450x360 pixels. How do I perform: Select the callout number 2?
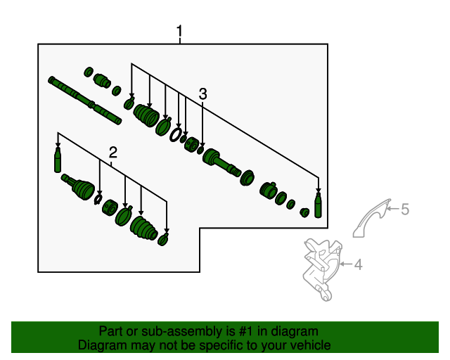tap(112, 153)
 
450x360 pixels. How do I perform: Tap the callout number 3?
tap(202, 94)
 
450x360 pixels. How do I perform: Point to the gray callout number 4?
tap(358, 264)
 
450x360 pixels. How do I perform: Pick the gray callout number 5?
tap(405, 209)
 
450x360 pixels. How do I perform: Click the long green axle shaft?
tap(84, 101)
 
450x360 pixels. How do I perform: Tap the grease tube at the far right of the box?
tap(318, 205)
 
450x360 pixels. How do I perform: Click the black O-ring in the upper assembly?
tap(175, 134)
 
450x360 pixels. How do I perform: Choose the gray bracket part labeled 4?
tap(322, 269)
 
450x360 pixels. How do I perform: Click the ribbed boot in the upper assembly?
tap(146, 116)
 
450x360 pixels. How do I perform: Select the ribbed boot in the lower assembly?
tap(143, 229)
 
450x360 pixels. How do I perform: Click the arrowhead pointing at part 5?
tap(389, 208)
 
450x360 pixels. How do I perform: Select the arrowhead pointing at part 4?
tap(342, 264)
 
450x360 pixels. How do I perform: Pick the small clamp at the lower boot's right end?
tap(163, 240)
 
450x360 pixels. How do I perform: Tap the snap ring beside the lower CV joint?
tap(98, 199)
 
